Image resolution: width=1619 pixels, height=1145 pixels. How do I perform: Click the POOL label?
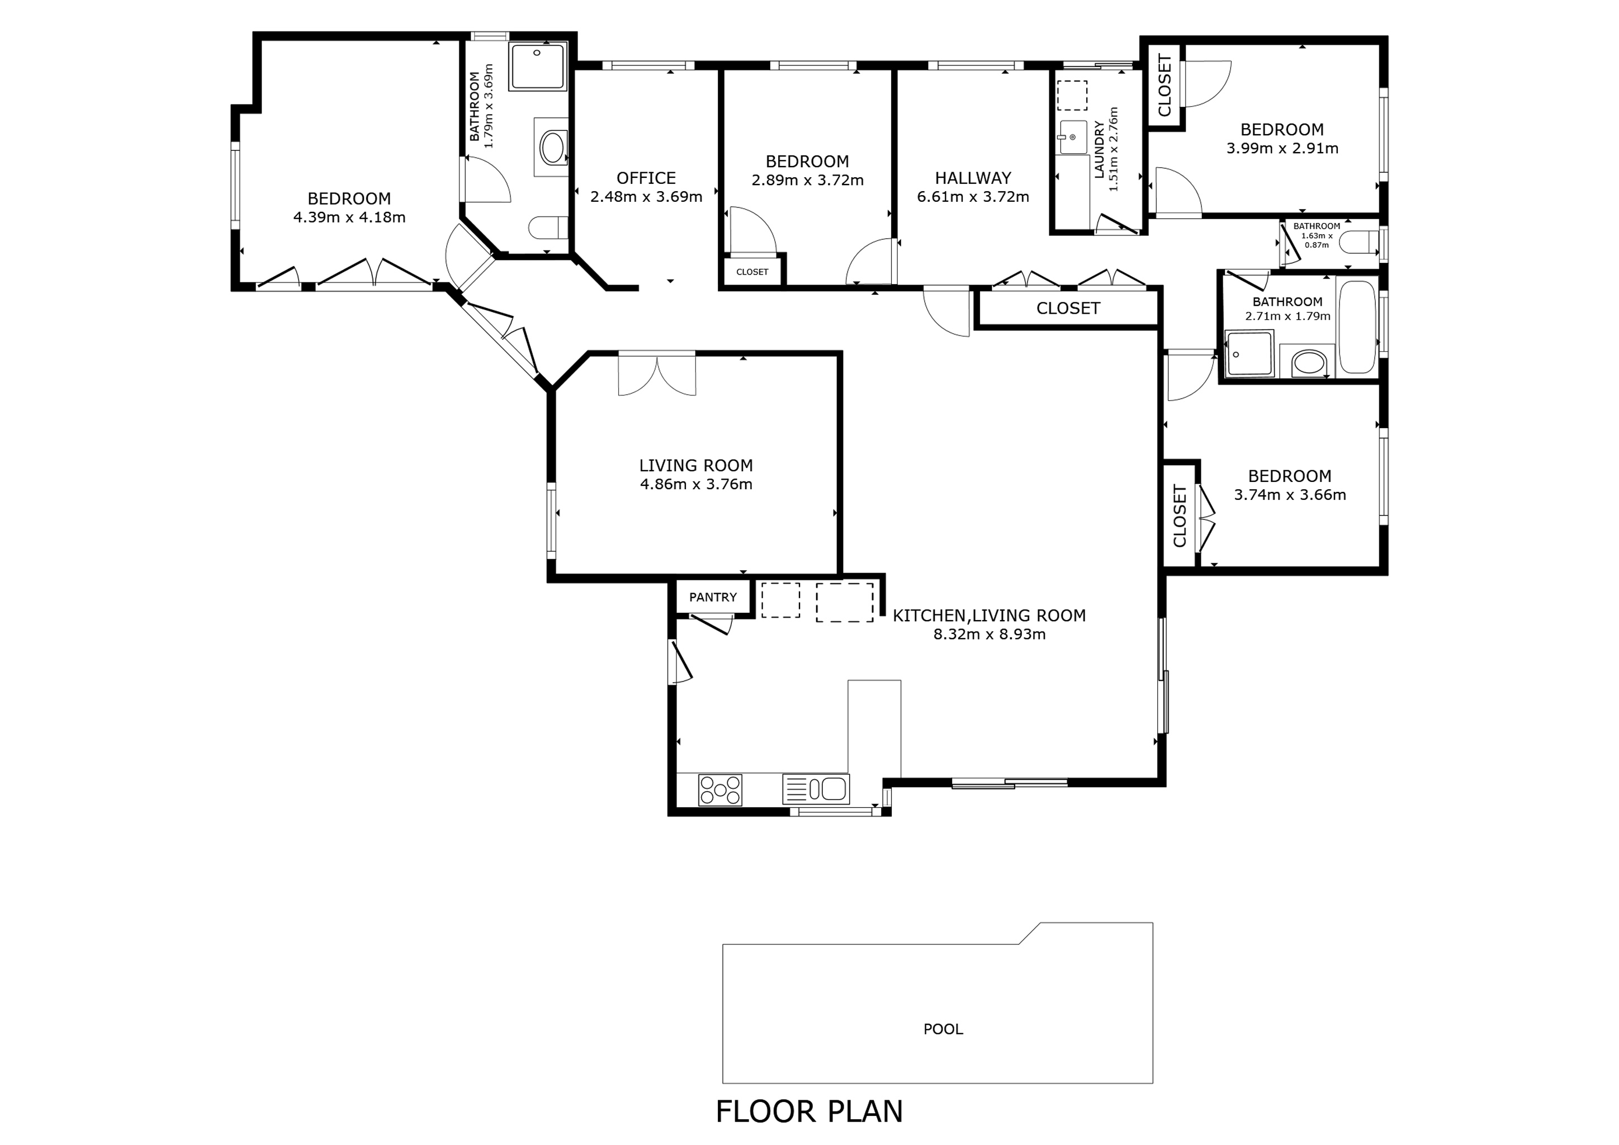coord(943,1029)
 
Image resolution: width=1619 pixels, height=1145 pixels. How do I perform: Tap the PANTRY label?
coord(712,597)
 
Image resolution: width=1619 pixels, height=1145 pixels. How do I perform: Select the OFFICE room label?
coord(646,178)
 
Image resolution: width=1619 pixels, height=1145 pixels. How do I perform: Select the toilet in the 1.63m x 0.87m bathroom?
coord(1357,243)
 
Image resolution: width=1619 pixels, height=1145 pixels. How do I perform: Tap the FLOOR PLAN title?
coord(809,1111)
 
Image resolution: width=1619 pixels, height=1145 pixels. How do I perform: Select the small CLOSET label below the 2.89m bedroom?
coord(752,272)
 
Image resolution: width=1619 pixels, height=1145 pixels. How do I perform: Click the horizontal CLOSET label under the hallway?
coord(1068,308)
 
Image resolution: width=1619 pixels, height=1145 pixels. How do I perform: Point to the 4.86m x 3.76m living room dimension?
coord(695,484)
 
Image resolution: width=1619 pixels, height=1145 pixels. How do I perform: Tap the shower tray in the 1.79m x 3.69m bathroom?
coord(537,67)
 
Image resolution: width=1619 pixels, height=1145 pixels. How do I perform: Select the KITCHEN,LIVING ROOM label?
coord(988,616)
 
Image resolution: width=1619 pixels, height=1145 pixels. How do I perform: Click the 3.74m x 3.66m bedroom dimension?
coord(1289,495)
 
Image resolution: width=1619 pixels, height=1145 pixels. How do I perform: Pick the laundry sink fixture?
coord(1072,137)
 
